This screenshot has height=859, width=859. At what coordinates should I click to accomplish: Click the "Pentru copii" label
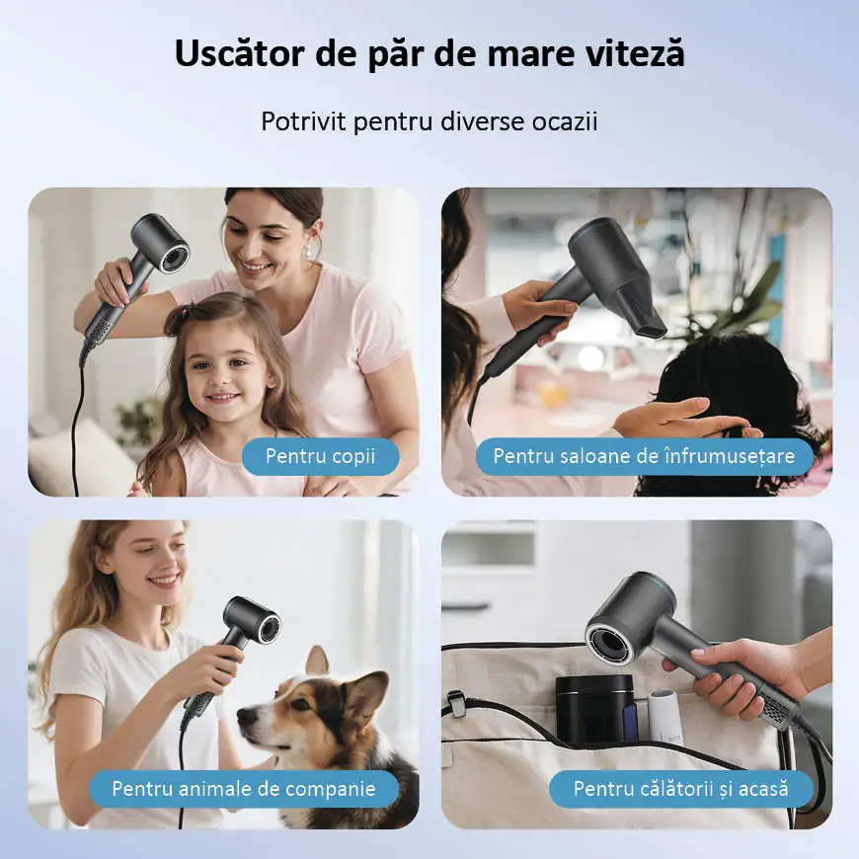tap(321, 456)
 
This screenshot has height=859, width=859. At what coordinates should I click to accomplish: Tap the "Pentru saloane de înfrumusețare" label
tap(644, 456)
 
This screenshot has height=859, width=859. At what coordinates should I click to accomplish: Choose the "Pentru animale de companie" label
tap(244, 789)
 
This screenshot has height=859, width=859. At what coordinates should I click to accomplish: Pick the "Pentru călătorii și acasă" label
tap(681, 789)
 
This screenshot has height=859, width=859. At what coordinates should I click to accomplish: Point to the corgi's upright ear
tap(319, 662)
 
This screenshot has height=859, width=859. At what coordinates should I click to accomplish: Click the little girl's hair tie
tap(189, 311)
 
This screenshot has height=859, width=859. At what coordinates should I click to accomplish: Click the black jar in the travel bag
tap(595, 709)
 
